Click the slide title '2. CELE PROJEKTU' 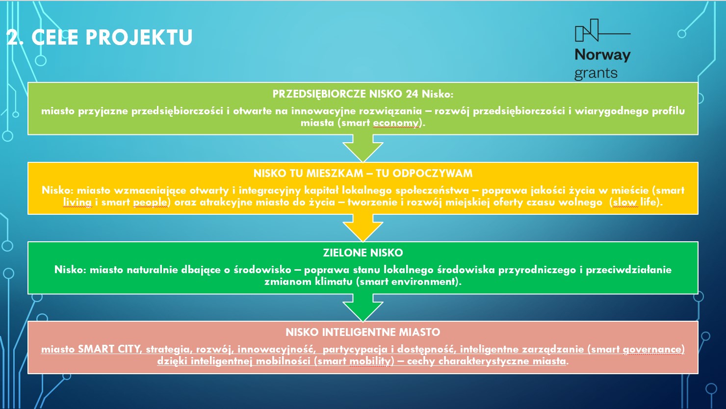click(99, 37)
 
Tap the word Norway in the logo click(602, 55)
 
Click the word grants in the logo click(596, 74)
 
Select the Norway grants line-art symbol click(602, 30)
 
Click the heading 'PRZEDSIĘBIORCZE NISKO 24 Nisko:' click(363, 94)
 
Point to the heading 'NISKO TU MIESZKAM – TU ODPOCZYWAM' click(363, 174)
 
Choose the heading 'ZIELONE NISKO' click(363, 253)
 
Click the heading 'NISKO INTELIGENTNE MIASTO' click(363, 332)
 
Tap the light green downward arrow click(363, 148)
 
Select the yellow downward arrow click(363, 228)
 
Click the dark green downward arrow click(363, 307)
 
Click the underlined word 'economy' click(395, 123)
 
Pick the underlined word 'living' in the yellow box click(78, 203)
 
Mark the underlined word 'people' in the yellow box click(150, 203)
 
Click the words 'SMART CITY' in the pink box click(108, 349)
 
